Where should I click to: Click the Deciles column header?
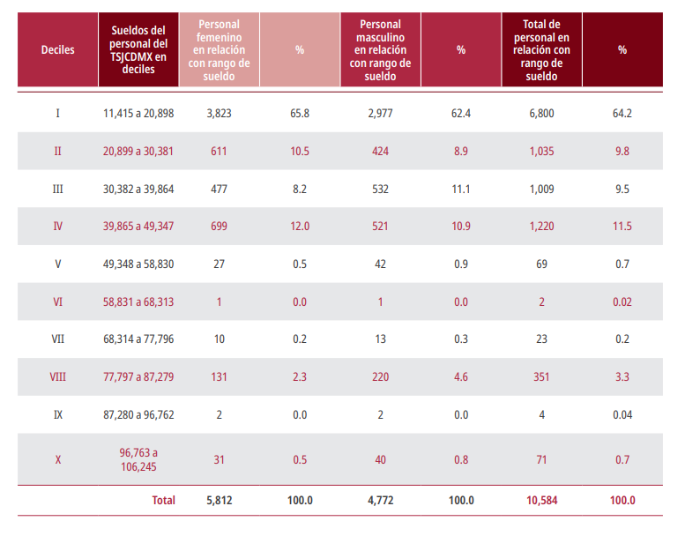pos(57,50)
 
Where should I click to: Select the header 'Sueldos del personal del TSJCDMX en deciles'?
pos(138,50)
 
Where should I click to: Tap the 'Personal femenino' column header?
pos(219,50)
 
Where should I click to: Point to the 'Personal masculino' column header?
pos(380,50)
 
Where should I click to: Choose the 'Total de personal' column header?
pos(541,50)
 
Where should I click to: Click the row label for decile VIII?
pos(57,376)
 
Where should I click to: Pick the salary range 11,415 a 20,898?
pos(138,114)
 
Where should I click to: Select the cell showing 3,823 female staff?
pos(219,114)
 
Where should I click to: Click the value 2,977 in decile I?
pos(380,114)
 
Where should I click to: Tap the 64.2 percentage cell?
pos(622,114)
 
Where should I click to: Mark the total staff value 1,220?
pos(541,227)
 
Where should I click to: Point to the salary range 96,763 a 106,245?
pos(138,458)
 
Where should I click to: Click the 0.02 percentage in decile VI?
pos(622,301)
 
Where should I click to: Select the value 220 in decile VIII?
pos(380,376)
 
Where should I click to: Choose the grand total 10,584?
pos(541,501)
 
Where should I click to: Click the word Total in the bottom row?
pos(163,501)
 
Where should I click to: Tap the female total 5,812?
pos(219,501)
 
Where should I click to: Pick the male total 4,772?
pos(380,501)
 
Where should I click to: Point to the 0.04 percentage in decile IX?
pos(622,414)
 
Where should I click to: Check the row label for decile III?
pos(57,189)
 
